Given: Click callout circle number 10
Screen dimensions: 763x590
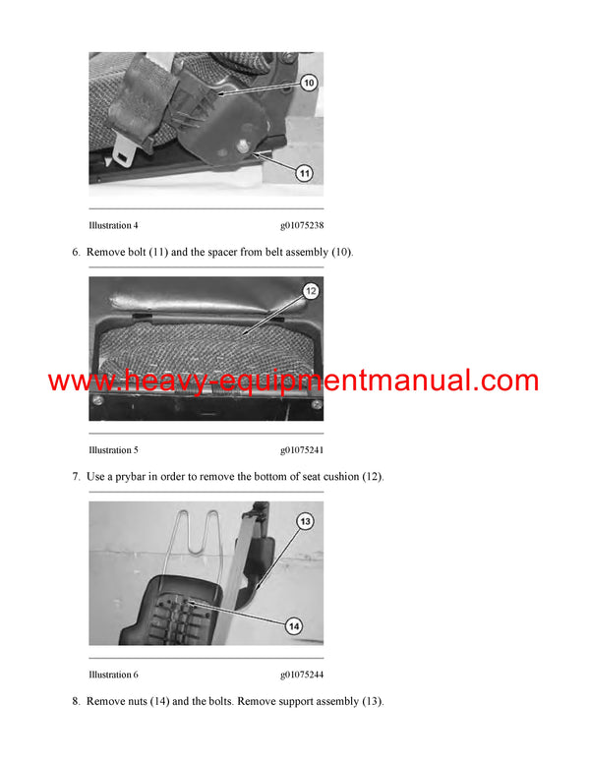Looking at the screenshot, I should (309, 84).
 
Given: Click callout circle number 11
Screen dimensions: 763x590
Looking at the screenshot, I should (305, 173).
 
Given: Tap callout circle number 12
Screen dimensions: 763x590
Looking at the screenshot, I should (310, 291).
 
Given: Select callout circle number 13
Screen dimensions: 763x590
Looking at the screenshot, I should (305, 521).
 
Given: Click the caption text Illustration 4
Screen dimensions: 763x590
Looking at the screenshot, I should (113, 225).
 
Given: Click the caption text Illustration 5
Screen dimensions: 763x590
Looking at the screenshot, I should (113, 449).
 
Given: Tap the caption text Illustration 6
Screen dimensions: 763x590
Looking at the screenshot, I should (113, 675).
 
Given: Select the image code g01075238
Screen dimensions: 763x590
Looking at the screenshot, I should (301, 225).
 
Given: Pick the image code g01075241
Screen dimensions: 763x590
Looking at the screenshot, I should (301, 449).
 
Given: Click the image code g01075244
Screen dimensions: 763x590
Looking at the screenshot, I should (301, 675).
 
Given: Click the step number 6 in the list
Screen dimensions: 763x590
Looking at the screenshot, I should (76, 253).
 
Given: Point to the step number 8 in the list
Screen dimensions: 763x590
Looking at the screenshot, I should (76, 702).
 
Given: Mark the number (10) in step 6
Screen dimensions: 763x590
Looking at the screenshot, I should (339, 253).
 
